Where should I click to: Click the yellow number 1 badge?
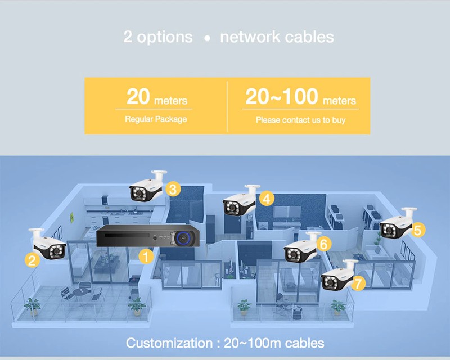coord(146,257)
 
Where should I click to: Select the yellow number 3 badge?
coord(174,190)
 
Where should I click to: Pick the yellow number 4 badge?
coord(267,198)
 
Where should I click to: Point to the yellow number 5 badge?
coord(417,229)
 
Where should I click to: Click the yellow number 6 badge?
coord(323,244)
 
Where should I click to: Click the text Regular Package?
coord(156,120)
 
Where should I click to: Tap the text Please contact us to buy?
coord(300,120)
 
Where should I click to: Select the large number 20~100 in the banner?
coord(282,97)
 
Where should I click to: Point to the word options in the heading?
coord(165,38)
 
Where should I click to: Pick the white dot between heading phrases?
coord(206,39)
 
